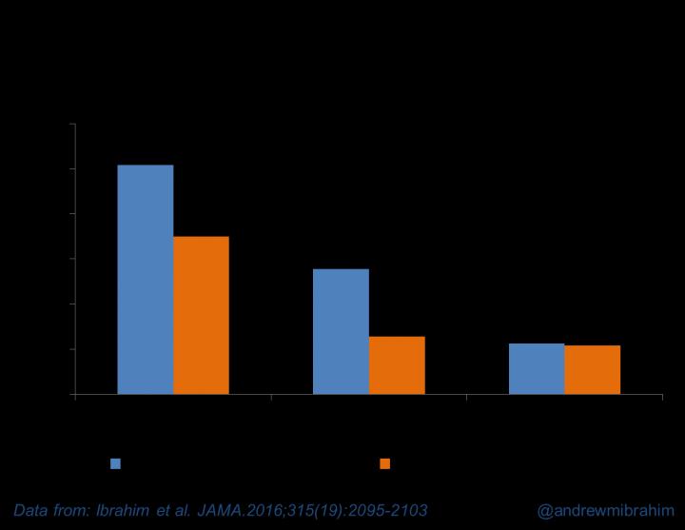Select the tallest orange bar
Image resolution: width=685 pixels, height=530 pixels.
(201, 315)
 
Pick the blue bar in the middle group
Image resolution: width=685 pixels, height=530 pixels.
(341, 331)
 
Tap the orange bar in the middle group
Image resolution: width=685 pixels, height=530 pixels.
(397, 364)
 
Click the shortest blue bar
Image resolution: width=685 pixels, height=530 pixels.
(537, 368)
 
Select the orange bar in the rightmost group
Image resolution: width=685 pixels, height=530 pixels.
(592, 369)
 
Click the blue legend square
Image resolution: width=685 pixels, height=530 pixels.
(116, 463)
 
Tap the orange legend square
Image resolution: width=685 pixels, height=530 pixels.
(385, 463)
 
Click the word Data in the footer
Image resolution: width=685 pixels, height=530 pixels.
(33, 510)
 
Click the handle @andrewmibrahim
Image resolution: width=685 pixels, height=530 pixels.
(604, 510)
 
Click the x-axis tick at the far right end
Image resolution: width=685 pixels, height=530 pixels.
(662, 398)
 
